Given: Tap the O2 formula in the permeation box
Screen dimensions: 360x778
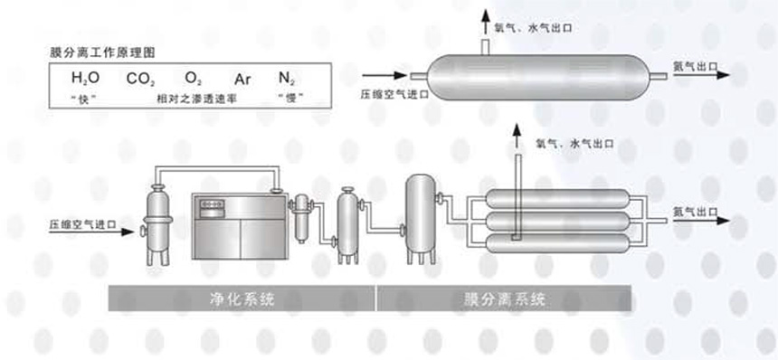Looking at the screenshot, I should (194, 79).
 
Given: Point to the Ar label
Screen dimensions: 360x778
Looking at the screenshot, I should (242, 79).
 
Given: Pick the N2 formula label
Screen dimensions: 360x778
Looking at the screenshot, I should (288, 79).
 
